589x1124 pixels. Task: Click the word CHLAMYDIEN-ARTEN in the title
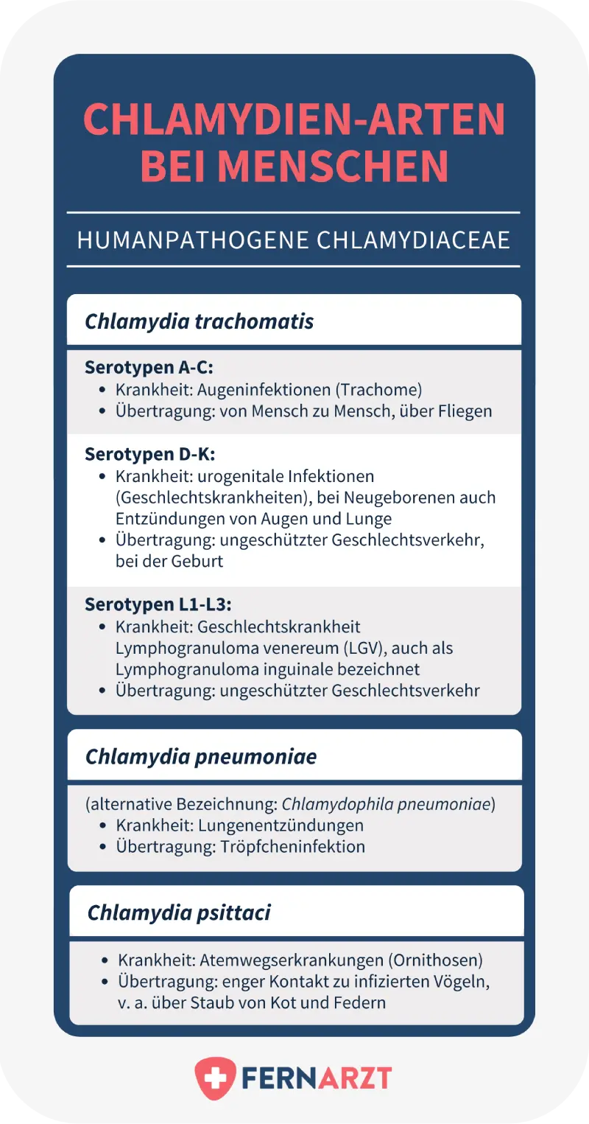coord(294,120)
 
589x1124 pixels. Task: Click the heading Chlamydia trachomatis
coord(200,322)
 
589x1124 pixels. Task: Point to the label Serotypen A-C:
coord(149,368)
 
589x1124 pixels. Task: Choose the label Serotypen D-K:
coord(149,453)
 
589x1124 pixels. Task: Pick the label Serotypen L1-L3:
coord(158,604)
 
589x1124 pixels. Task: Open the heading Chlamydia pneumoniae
coord(201,757)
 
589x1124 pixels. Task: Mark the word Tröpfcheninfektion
coord(292,846)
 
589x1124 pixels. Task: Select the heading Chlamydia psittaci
coord(179,913)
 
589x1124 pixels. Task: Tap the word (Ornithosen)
coord(434,960)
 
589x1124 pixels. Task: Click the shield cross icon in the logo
coord(215,1079)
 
